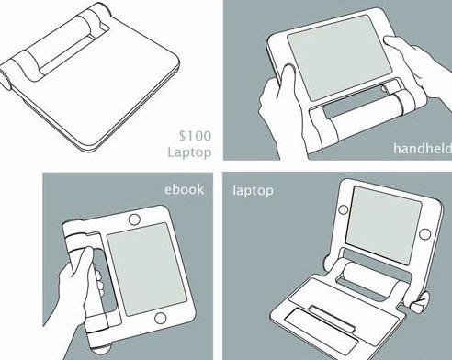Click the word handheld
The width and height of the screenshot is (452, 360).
[423, 149]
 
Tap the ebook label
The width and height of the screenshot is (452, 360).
[184, 189]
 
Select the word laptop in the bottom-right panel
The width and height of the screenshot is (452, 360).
[253, 191]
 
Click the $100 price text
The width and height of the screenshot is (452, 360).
[195, 136]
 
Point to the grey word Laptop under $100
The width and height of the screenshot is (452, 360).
[189, 152]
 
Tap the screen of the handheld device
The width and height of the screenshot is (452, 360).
[339, 57]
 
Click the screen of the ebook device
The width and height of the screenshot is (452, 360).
[147, 269]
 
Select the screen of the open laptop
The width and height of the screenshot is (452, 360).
[383, 225]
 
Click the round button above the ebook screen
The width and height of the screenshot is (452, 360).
[134, 219]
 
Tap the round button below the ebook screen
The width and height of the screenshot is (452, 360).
[161, 318]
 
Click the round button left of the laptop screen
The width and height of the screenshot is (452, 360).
[343, 209]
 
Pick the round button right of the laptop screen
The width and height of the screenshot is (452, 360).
[424, 234]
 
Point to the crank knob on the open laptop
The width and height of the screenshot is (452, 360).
[419, 301]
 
